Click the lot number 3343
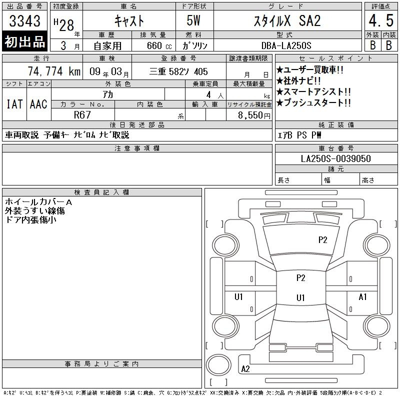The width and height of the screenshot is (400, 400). [24, 21]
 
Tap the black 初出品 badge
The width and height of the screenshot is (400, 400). [24, 41]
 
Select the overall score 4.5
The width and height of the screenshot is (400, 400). [381, 20]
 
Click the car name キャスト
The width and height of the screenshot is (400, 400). [129, 21]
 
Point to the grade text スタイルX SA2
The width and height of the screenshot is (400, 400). [287, 21]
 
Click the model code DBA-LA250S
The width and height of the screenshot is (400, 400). [286, 45]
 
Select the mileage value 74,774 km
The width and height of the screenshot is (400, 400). [54, 71]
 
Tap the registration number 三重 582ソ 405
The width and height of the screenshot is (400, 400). [178, 71]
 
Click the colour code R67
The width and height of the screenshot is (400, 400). [82, 115]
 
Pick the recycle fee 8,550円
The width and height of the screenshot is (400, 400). [254, 115]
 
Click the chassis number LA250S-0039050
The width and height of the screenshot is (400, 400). [335, 158]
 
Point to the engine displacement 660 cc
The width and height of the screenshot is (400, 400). [159, 45]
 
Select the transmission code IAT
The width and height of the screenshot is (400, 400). [14, 104]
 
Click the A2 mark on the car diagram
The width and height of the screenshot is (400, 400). [245, 368]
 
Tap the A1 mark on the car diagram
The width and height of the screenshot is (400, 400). [362, 297]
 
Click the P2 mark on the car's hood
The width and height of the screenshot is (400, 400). [322, 240]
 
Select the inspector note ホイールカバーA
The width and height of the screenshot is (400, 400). [38, 202]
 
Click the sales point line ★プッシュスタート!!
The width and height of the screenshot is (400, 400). [313, 102]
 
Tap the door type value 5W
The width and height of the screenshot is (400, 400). [193, 20]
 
